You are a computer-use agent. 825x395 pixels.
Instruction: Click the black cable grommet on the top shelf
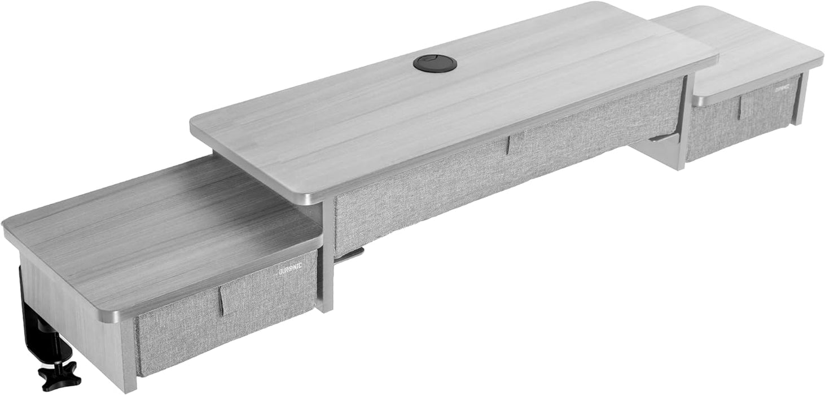pyautogui.click(x=435, y=63)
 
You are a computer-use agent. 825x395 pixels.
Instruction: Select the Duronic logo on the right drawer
pyautogui.click(x=785, y=89)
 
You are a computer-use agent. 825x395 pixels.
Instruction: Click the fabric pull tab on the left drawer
pyautogui.click(x=227, y=300)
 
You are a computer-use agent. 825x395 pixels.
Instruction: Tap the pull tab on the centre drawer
pyautogui.click(x=515, y=144)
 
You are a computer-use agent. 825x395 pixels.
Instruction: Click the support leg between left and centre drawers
pyautogui.click(x=326, y=260)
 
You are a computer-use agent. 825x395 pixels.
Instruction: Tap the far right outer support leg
pyautogui.click(x=798, y=99)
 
